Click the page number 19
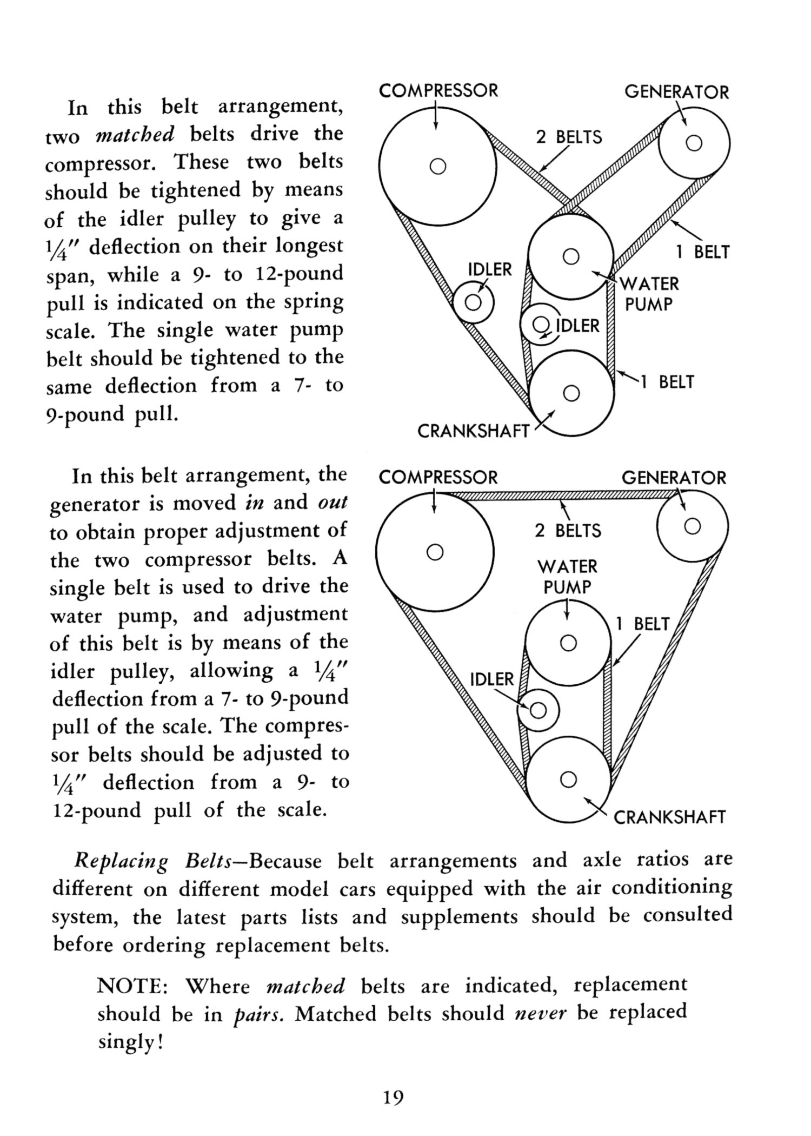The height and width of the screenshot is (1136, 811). coord(394,1098)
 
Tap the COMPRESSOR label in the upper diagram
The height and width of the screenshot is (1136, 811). coord(438,90)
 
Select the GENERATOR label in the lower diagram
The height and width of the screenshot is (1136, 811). coord(674,478)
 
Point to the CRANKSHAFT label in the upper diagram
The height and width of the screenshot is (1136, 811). coord(473,431)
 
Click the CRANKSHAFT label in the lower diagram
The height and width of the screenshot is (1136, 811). coord(669,817)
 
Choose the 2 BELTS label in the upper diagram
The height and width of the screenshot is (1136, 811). coord(569,137)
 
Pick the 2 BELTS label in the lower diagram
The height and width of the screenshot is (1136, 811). coord(568,531)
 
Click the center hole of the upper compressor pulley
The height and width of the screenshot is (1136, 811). coord(437,166)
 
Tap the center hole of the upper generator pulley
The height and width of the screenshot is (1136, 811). coord(694,143)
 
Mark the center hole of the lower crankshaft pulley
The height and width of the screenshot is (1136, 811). coord(568,780)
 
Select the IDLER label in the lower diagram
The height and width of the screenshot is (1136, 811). coord(492,679)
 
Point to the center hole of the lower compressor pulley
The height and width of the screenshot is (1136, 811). coord(435,552)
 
